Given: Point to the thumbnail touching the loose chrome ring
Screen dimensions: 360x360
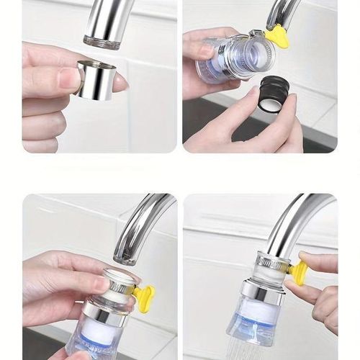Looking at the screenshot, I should pyautogui.click(x=70, y=78).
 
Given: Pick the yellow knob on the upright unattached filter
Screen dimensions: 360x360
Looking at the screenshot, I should pyautogui.click(x=144, y=297).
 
